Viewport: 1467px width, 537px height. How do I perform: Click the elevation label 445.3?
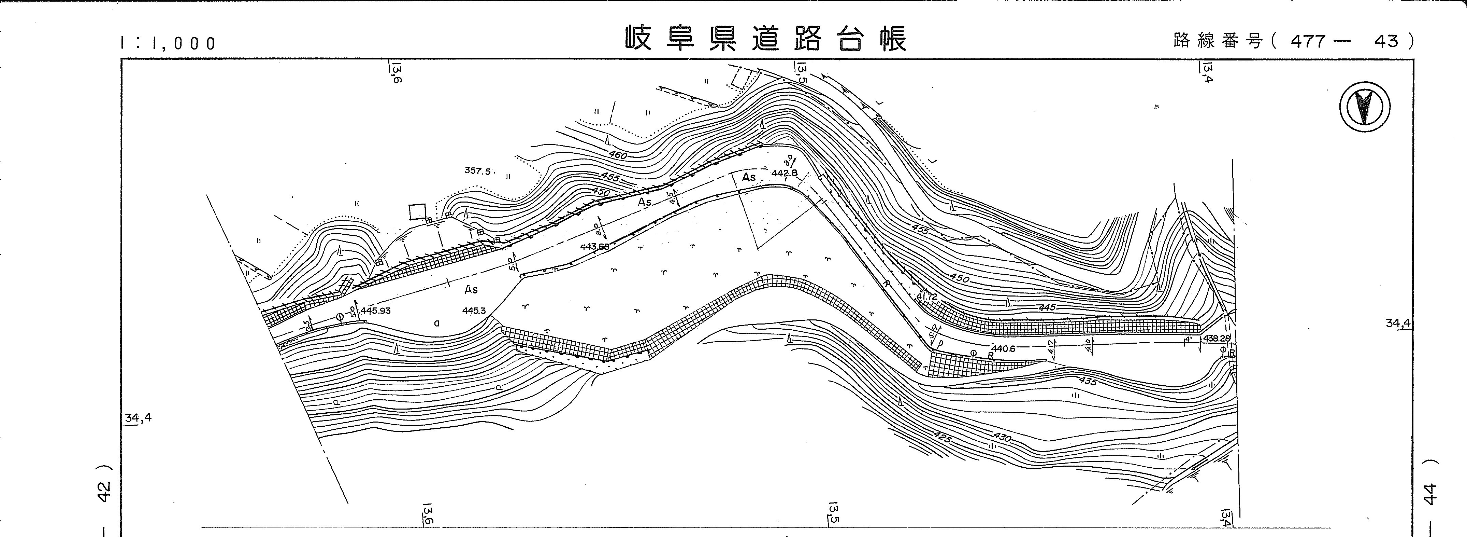point(474,311)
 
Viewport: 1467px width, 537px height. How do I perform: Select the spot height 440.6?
point(1003,348)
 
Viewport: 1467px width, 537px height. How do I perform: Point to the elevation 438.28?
point(1217,338)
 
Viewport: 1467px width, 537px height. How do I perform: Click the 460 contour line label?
point(617,155)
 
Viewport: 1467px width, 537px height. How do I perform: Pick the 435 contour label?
point(1087,381)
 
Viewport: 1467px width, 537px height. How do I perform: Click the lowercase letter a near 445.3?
point(437,323)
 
